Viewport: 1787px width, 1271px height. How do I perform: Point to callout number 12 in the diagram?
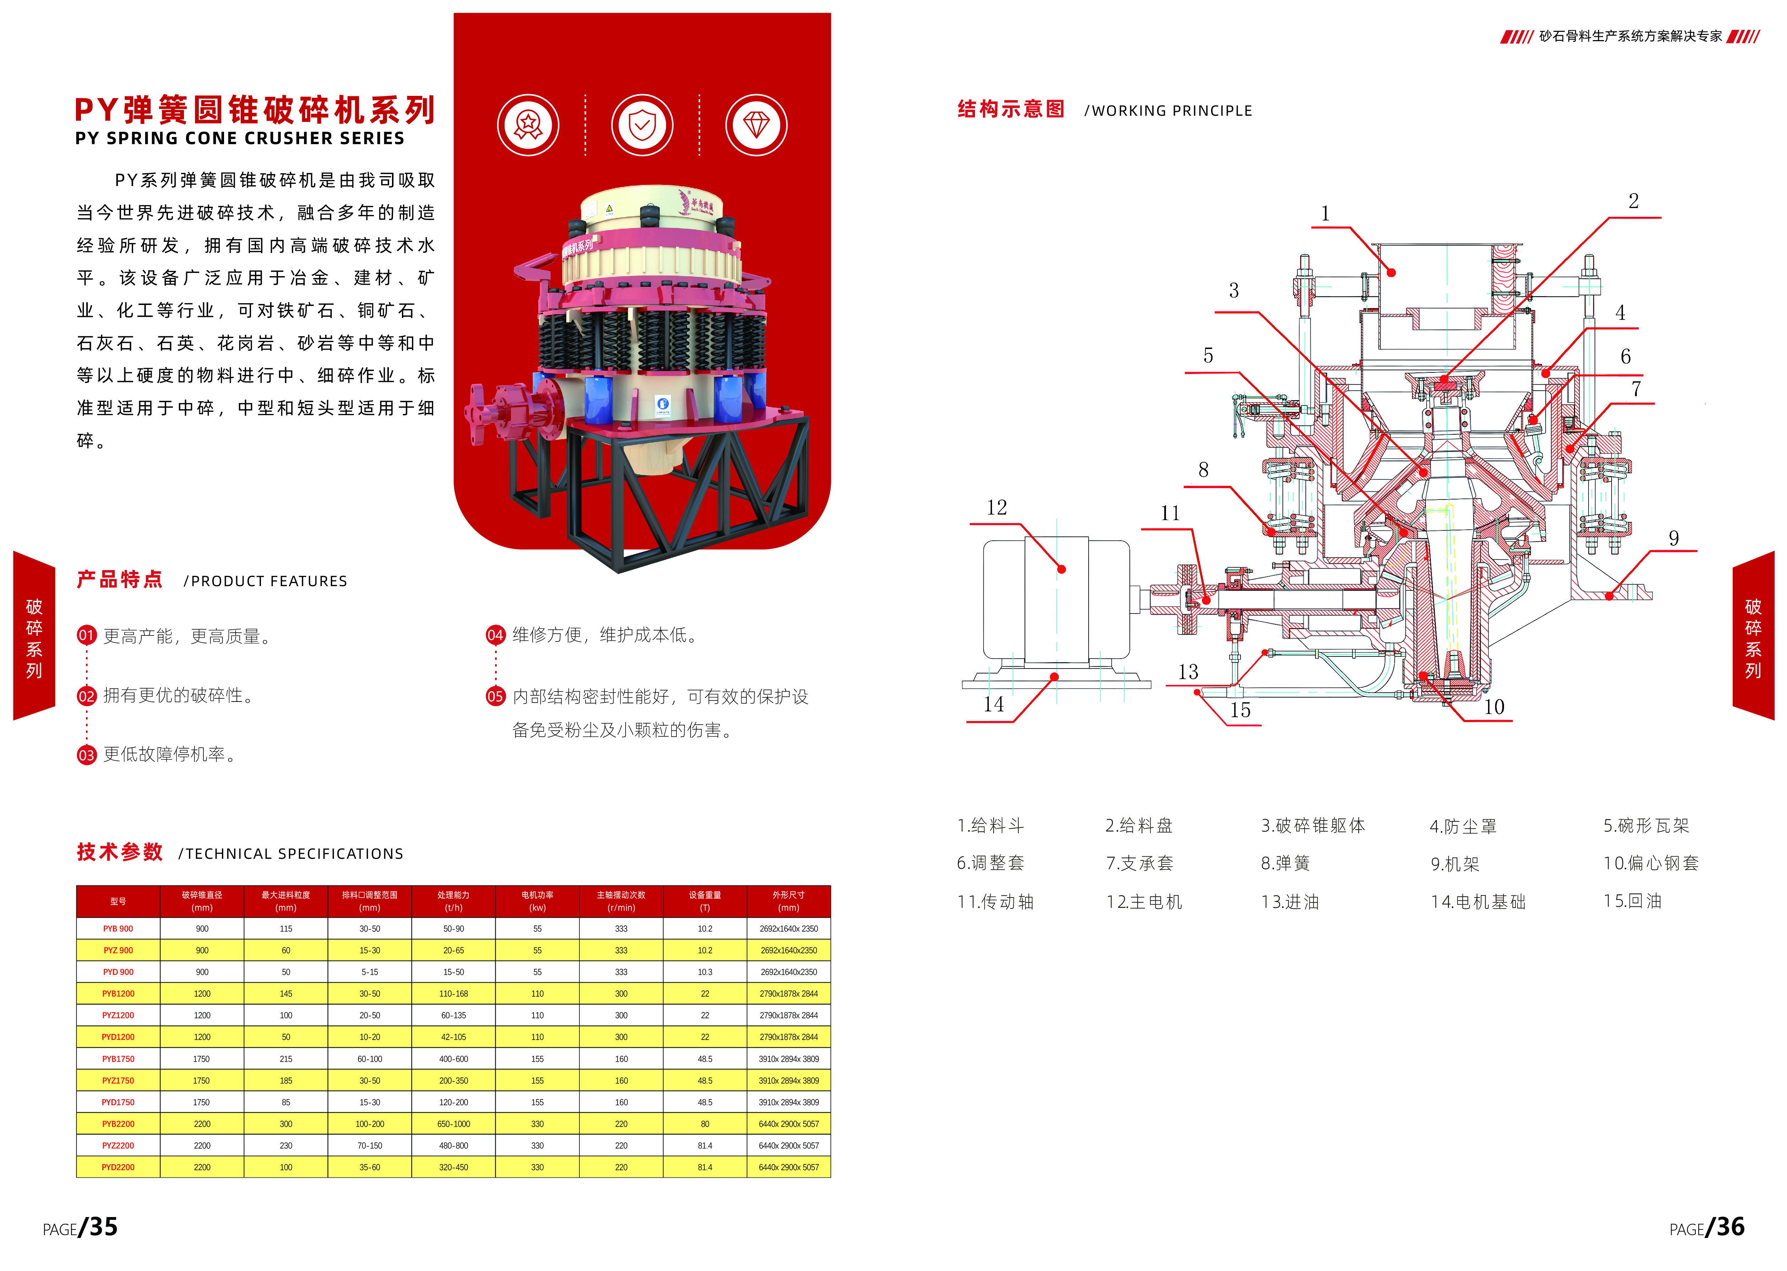click(x=996, y=508)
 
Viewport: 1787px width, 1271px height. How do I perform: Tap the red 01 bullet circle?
click(x=86, y=635)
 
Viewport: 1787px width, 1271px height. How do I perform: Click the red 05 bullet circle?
click(x=495, y=697)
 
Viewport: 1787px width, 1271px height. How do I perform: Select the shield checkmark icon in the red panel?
click(x=642, y=125)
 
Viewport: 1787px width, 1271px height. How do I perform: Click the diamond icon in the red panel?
click(x=756, y=125)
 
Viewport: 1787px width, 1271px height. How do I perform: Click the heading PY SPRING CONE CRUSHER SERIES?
click(x=240, y=138)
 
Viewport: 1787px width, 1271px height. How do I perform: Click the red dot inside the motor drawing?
click(x=1061, y=570)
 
